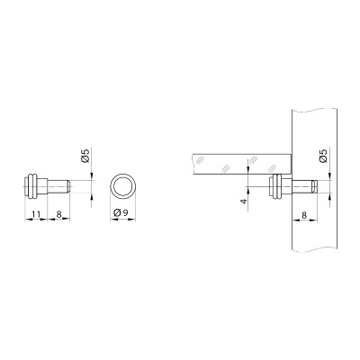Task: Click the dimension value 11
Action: [x=36, y=214]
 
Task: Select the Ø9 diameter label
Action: [x=121, y=213]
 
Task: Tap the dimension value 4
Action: [x=245, y=201]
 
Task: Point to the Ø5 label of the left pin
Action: [x=85, y=156]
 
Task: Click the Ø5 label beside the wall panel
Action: [x=323, y=156]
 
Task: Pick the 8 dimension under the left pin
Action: [x=58, y=214]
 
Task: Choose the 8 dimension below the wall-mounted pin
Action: [x=304, y=215]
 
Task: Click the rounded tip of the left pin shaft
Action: [x=68, y=186]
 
